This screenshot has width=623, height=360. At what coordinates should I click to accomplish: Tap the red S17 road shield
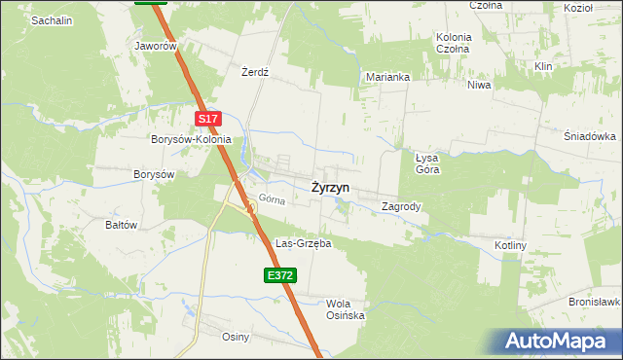208,119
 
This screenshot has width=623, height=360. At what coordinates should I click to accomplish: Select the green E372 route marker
279,276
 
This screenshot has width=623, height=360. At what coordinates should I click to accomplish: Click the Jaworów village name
157,46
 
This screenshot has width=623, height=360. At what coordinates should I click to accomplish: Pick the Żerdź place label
254,73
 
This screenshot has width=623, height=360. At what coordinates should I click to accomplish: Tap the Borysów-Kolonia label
191,139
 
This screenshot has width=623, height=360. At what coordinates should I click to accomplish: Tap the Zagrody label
401,206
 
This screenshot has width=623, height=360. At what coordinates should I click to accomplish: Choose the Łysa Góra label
427,162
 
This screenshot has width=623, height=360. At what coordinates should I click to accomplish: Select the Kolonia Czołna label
454,43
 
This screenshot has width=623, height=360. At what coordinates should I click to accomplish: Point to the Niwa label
479,85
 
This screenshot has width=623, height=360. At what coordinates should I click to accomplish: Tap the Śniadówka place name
591,136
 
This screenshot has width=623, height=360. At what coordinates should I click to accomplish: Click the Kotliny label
510,245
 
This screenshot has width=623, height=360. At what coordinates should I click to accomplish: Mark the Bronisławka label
595,303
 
